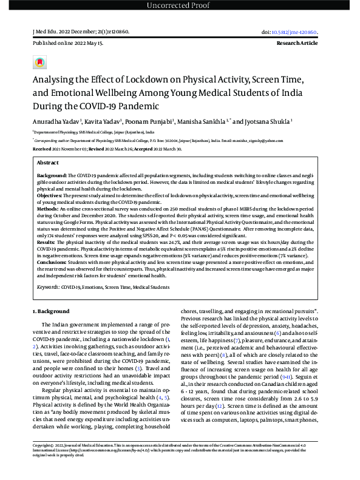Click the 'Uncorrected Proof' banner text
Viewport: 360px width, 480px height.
pyautogui.click(x=180, y=6)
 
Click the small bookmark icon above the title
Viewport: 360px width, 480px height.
pyautogui.click(x=39, y=63)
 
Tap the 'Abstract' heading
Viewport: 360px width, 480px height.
pyautogui.click(x=48, y=163)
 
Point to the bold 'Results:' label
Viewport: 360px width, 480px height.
pyautogui.click(x=47, y=241)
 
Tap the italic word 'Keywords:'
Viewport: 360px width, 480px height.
pyautogui.click(x=49, y=285)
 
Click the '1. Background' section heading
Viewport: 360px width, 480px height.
pyautogui.click(x=52, y=311)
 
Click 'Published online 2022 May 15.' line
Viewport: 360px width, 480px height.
pyautogui.click(x=67, y=44)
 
